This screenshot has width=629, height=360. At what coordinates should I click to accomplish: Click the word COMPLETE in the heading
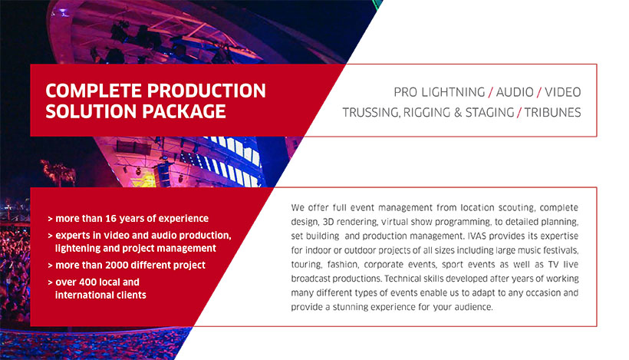(x=94, y=91)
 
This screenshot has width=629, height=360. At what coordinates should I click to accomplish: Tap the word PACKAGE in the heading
(x=184, y=111)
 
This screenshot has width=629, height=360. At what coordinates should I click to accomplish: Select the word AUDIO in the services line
(x=515, y=92)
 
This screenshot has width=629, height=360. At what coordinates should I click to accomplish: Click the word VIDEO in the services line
(x=563, y=92)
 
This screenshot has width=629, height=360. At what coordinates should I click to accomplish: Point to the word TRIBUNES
(x=553, y=112)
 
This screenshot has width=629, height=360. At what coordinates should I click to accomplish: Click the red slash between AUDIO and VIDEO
(x=539, y=92)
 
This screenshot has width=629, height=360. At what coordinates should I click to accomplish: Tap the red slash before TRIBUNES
(x=519, y=112)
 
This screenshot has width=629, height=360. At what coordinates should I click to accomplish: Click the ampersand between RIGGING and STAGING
(x=458, y=112)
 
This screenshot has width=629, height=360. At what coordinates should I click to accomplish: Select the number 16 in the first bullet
(x=110, y=218)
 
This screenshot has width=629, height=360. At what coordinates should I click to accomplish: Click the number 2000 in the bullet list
(x=117, y=265)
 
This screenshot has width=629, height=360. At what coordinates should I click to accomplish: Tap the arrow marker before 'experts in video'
(x=50, y=236)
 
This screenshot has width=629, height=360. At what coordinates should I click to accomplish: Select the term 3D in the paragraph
(x=328, y=222)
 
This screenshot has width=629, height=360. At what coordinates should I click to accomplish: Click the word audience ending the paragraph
(x=473, y=307)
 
